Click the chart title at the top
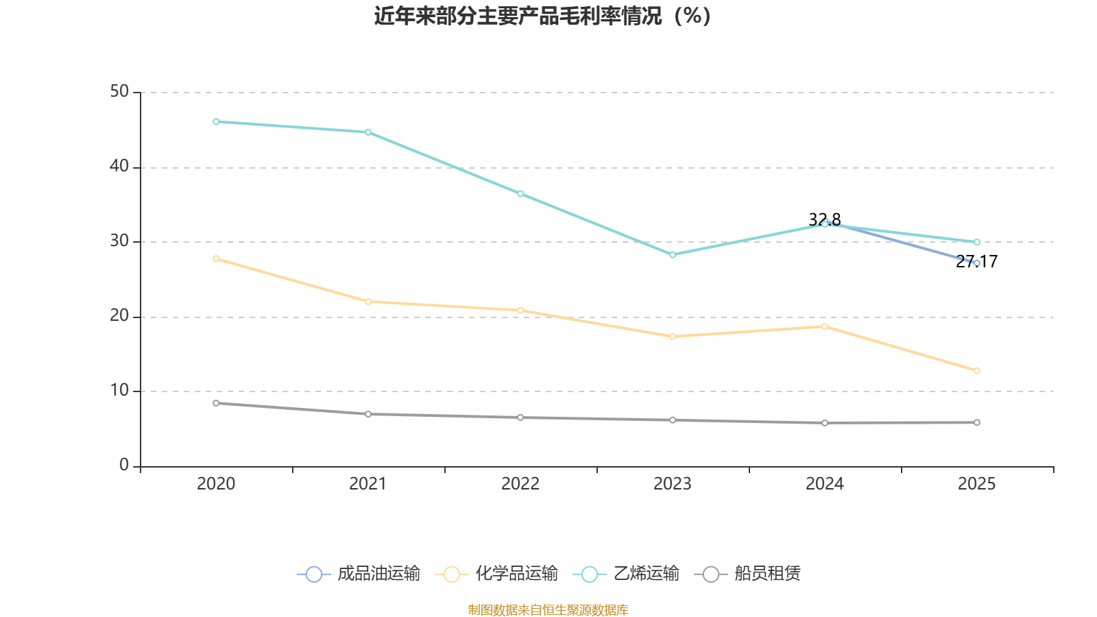tap(542, 16)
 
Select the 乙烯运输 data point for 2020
tap(216, 121)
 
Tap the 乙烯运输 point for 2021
tap(368, 132)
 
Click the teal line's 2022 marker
tap(520, 194)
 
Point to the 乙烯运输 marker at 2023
tap(673, 254)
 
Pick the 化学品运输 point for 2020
tap(216, 258)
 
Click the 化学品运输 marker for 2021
tap(368, 302)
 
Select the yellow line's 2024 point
tap(825, 326)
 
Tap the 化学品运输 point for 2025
tap(977, 371)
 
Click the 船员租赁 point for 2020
tap(216, 403)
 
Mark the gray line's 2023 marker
tap(673, 420)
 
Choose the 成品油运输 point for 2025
tap(977, 263)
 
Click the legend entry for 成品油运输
tap(359, 574)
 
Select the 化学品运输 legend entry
tap(497, 574)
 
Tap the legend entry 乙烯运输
tap(629, 574)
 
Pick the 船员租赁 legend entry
tap(748, 574)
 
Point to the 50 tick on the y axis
tap(119, 92)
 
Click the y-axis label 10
tap(119, 391)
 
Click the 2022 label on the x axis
tap(520, 484)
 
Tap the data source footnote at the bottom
tap(548, 609)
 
